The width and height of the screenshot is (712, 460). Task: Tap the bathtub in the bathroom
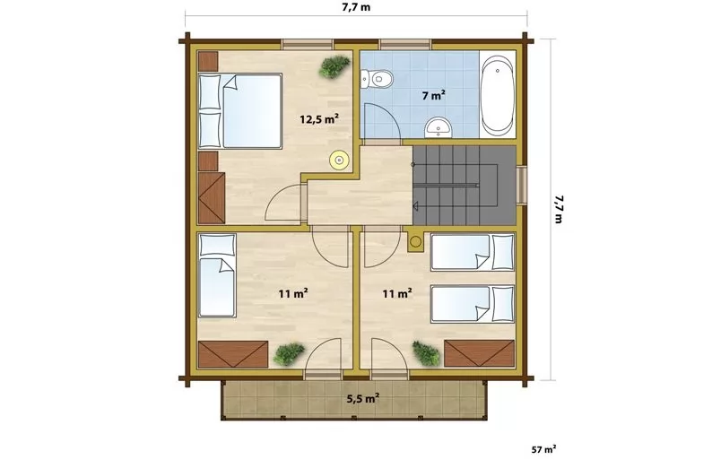coord(497,94)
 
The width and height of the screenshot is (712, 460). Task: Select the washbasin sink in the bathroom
coord(438,126)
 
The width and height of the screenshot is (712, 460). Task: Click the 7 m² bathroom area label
coord(433,96)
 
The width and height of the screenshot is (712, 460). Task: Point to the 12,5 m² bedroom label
coord(319,119)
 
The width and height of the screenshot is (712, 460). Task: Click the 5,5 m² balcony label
coord(363,399)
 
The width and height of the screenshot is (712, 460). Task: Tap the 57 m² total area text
coord(543,450)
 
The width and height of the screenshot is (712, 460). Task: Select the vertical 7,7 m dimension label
coord(558,209)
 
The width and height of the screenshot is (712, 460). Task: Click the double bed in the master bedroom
coord(240,110)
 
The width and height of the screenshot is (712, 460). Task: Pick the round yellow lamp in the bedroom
coord(339,160)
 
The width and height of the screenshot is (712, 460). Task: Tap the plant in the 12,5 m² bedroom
coord(334,66)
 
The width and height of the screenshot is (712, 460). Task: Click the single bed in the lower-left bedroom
coord(218,275)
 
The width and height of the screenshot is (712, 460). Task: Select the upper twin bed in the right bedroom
coord(473,252)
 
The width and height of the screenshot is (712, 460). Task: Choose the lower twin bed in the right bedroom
coord(473,304)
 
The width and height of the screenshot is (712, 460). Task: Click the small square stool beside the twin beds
coord(415,242)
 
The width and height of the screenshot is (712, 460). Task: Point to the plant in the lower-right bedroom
coord(426,353)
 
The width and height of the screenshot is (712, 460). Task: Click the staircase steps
coord(465,186)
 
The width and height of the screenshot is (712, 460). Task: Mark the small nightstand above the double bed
coord(208,61)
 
